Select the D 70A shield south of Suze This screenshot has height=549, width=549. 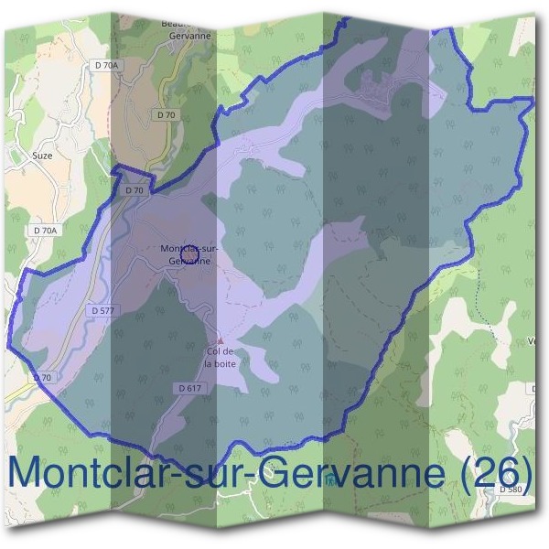click(x=44, y=231)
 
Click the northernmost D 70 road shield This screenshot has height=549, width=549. click(x=166, y=115)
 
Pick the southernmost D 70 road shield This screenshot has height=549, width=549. click(x=42, y=377)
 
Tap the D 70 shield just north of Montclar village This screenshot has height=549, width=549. click(x=134, y=190)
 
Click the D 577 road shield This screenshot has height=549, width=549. click(x=102, y=311)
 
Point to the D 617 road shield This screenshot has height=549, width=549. click(x=189, y=389)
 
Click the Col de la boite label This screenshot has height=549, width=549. click(x=221, y=357)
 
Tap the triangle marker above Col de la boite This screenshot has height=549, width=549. click(x=220, y=340)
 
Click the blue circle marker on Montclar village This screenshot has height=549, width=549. click(x=190, y=252)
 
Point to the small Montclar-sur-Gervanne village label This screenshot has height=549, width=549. click(x=188, y=254)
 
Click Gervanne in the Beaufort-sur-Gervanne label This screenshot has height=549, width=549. click(x=190, y=36)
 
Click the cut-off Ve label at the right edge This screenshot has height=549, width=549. click(x=532, y=342)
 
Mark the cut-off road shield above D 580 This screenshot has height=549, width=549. click(x=533, y=389)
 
